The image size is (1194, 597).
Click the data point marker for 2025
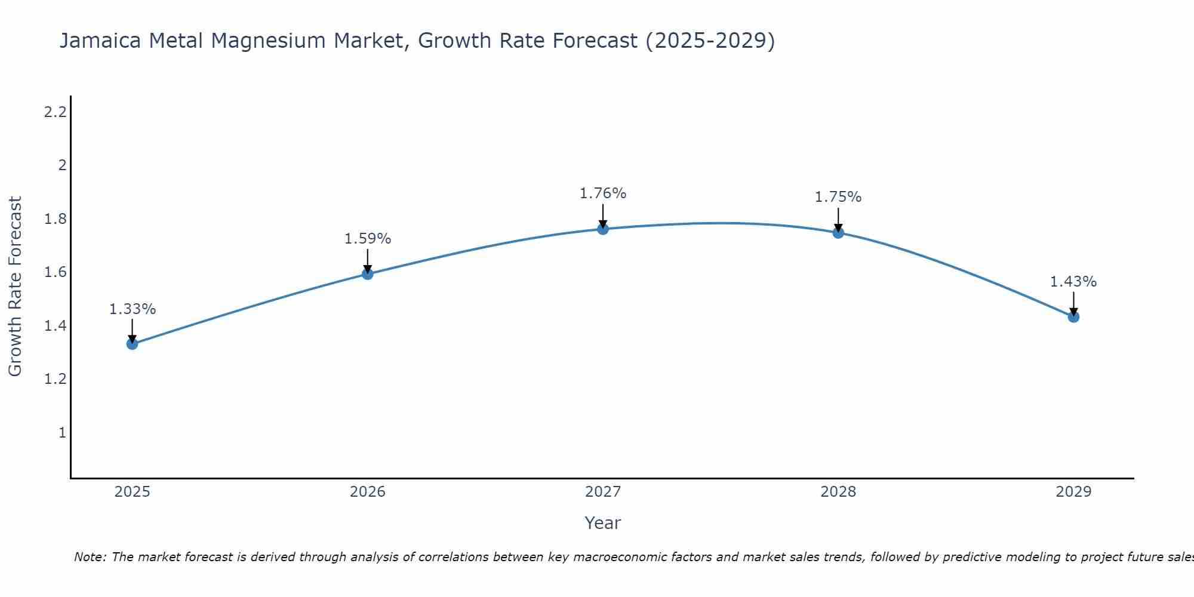coord(133,344)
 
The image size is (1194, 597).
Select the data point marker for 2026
coord(368,274)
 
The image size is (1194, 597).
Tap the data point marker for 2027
coord(603,229)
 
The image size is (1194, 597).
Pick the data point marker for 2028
coord(838,233)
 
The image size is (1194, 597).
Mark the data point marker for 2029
coord(1073,317)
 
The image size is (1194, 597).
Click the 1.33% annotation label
coord(133,309)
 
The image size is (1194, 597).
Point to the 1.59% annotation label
coord(368,239)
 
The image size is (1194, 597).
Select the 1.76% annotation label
coord(603,193)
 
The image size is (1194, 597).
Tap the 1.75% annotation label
coord(838,197)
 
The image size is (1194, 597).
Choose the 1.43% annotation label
coord(1073,282)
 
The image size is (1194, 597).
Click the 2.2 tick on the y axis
coord(55,112)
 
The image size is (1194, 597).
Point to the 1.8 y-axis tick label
coord(55,219)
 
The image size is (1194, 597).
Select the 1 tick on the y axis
coord(62,432)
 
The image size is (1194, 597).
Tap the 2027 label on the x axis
coord(603,492)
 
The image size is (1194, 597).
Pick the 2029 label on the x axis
coord(1073,492)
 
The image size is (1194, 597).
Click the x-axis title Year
coord(603,523)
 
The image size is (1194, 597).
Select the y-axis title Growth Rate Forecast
coord(15,287)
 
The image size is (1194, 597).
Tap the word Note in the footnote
coord(90,557)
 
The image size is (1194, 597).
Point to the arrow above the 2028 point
coord(838,220)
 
